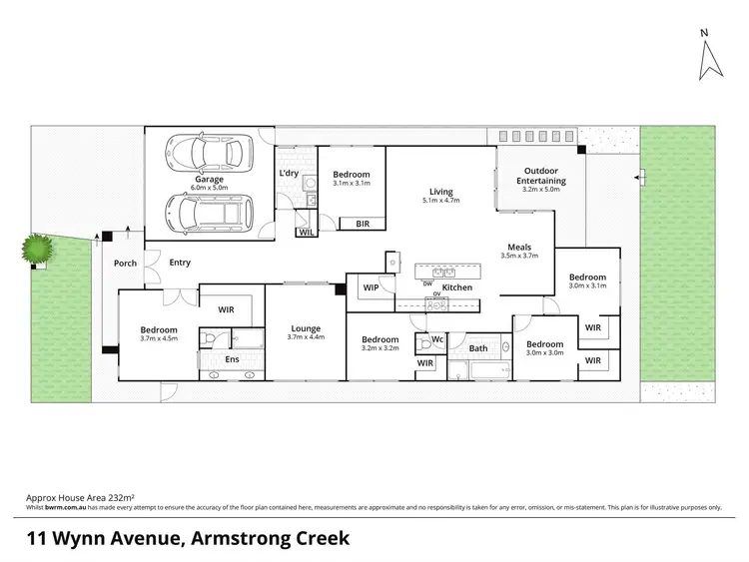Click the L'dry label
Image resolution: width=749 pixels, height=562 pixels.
pos(290,174)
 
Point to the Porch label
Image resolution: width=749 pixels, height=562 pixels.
pos(126,264)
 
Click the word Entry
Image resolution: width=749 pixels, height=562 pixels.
pos(180,264)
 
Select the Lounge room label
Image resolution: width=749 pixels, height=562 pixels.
pos(306,328)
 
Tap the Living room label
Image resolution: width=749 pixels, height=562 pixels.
pos(440,192)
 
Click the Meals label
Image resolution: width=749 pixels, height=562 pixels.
pos(518,248)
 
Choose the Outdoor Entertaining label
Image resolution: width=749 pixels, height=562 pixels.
pos(541,176)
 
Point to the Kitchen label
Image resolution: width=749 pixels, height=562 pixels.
pos(457,287)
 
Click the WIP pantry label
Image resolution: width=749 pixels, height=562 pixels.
pos(371,287)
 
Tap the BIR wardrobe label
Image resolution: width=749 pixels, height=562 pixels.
pos(363,225)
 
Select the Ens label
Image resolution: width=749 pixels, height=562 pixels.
pos(232,358)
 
